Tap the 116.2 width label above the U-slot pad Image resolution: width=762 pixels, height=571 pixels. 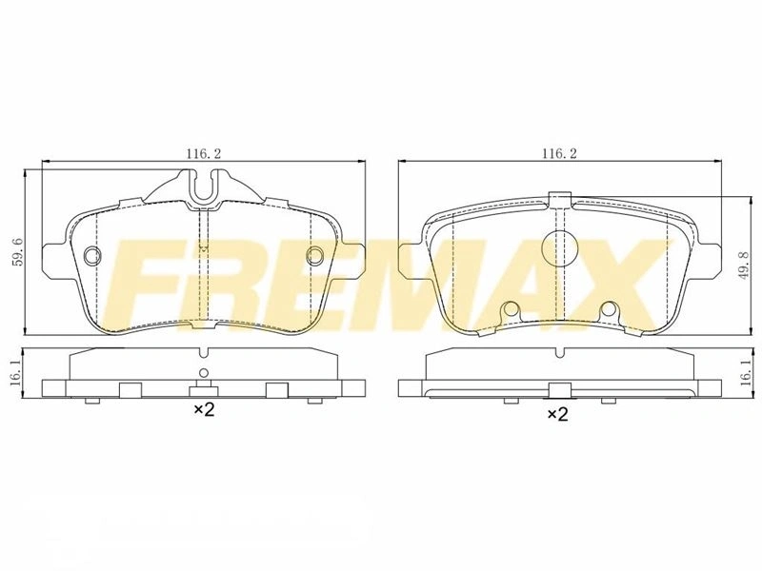(x=204, y=154)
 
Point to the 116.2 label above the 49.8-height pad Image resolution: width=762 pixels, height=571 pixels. (x=559, y=154)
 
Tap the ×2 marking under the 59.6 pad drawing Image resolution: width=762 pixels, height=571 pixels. (x=205, y=410)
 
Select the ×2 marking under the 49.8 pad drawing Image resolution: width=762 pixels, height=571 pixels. (x=558, y=414)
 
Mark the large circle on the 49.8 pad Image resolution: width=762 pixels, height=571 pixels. (x=559, y=248)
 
